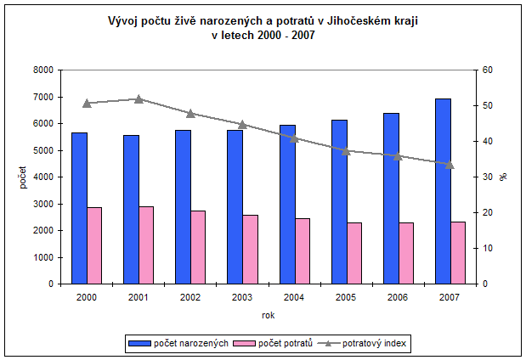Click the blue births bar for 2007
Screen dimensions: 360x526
coord(443,191)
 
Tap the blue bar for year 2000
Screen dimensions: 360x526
coord(79,208)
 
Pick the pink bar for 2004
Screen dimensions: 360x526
coord(303,250)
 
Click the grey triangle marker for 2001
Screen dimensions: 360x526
coord(139,98)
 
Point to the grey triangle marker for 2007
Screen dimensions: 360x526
coord(450,165)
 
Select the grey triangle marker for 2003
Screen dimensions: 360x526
coord(242,125)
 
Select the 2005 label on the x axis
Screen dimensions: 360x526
coord(346,297)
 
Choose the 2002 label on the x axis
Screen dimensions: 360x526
coord(190,297)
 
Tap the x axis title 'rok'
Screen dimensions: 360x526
coord(268,316)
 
